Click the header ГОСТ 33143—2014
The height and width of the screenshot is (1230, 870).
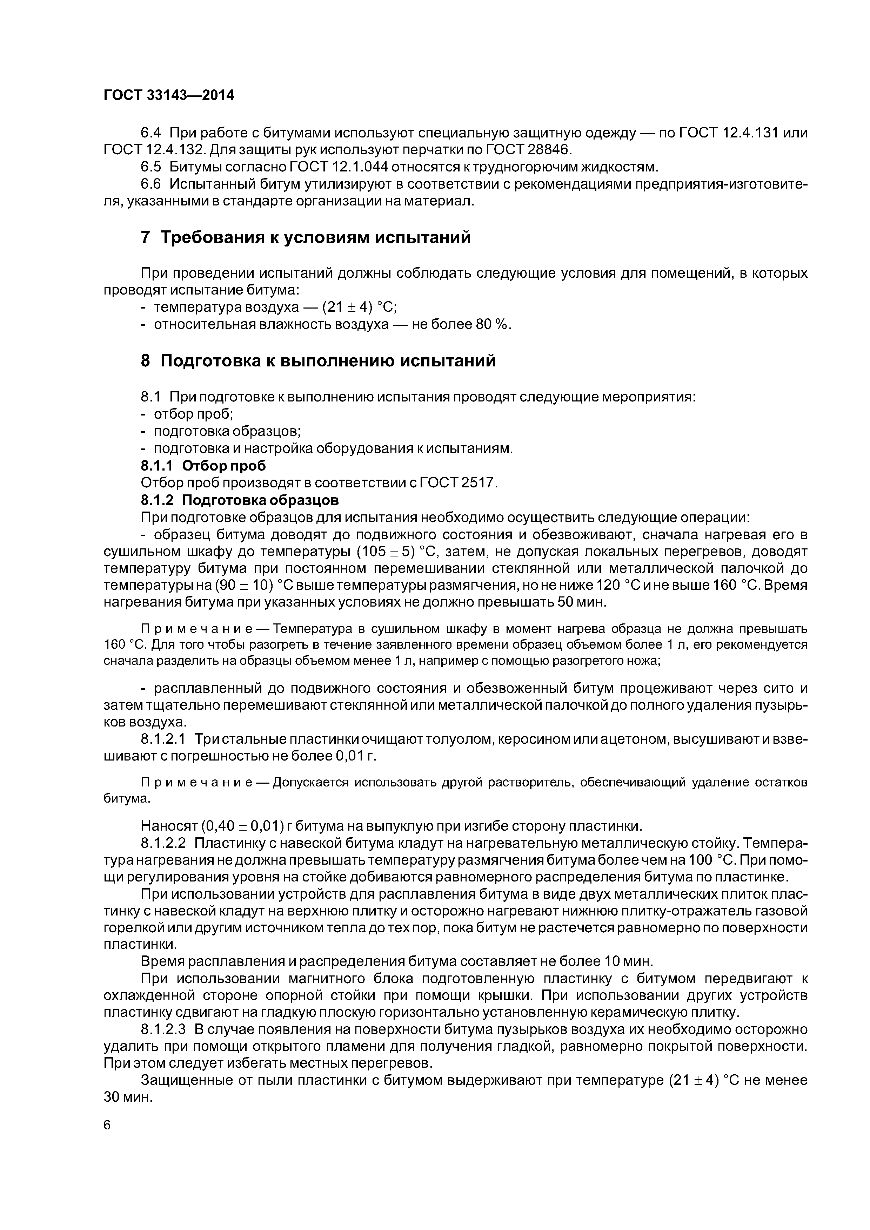[169, 95]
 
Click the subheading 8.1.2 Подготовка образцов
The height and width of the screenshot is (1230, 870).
[240, 500]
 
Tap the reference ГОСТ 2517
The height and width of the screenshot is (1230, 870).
[458, 483]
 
